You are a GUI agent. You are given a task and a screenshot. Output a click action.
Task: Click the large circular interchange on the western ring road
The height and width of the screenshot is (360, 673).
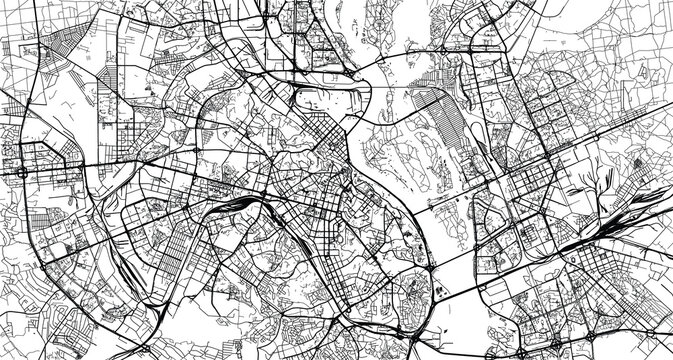[22, 172]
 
